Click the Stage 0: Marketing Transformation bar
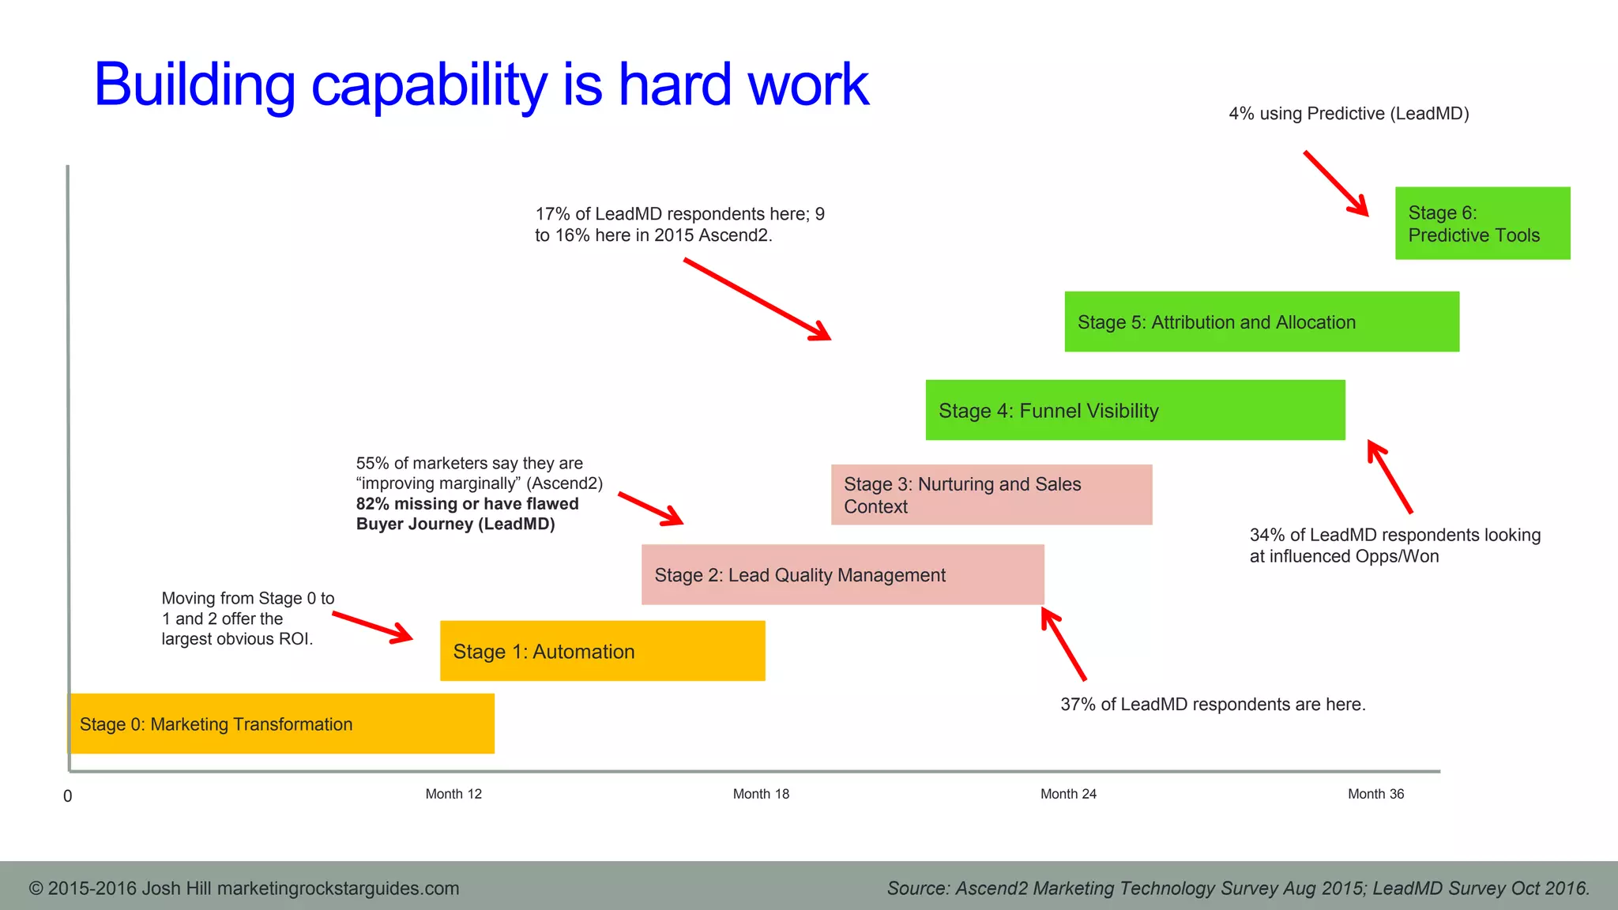[x=282, y=724]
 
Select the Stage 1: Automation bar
[x=602, y=651]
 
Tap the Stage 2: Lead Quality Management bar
[x=842, y=575]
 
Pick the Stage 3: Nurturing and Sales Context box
[x=991, y=495]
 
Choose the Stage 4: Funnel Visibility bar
[x=1134, y=411]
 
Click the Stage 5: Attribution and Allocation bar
[x=1261, y=322]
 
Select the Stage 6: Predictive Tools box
[x=1482, y=224]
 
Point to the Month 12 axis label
[x=453, y=794]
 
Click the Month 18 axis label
[x=761, y=794]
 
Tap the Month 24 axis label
[x=1068, y=794]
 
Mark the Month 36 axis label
[x=1375, y=794]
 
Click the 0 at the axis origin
[x=68, y=796]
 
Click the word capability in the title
[x=429, y=85]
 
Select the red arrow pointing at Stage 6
[x=1336, y=183]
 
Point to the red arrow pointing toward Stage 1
[x=372, y=626]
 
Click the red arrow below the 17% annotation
[x=757, y=299]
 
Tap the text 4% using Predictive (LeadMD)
[x=1349, y=114]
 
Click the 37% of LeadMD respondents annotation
[x=1213, y=705]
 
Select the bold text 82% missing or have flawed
[x=467, y=504]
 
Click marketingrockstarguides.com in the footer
[x=338, y=889]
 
